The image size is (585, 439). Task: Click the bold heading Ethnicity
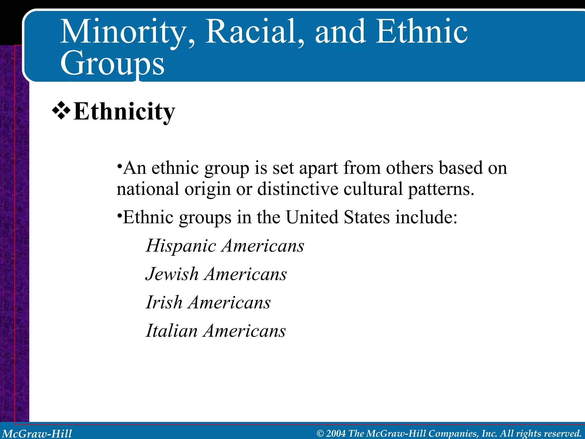[124, 111]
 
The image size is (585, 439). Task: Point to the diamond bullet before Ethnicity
[61, 111]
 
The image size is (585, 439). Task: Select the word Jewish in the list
[172, 274]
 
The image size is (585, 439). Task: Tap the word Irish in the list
[164, 302]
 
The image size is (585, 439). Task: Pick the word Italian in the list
[171, 331]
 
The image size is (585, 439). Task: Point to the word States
[367, 217]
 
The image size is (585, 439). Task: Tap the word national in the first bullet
[148, 189]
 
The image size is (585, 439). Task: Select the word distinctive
[298, 189]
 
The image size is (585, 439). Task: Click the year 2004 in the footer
[336, 433]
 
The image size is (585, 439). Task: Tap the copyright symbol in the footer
[320, 434]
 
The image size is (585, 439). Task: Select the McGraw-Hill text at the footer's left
[37, 434]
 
